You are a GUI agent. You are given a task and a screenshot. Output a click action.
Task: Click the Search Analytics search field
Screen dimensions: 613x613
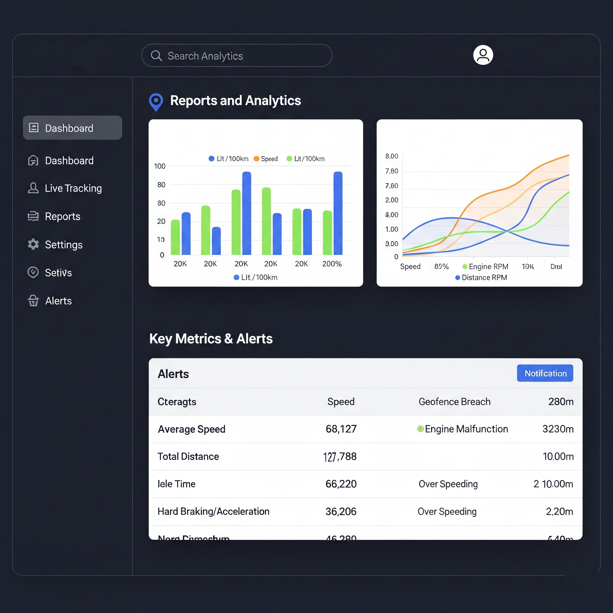click(x=236, y=56)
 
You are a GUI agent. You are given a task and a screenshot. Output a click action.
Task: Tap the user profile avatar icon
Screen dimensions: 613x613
click(x=483, y=55)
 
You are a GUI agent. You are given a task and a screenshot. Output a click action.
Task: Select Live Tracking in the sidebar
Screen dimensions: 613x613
click(x=73, y=188)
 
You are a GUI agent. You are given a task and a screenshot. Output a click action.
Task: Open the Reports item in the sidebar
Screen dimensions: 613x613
click(x=62, y=216)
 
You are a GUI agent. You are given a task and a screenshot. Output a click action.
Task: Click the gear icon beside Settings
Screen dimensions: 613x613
click(x=33, y=244)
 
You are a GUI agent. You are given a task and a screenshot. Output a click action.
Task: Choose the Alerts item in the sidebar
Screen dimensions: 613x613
click(x=58, y=301)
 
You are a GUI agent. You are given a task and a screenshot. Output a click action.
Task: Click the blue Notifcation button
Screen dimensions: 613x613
click(x=545, y=373)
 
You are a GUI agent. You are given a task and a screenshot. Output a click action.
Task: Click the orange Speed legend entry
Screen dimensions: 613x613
click(x=266, y=159)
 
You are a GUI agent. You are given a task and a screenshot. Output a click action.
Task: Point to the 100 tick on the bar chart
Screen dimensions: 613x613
click(x=160, y=166)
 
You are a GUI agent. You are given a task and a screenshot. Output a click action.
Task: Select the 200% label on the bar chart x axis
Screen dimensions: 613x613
click(x=332, y=264)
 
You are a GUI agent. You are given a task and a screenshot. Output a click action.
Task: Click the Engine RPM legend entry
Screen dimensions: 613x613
click(x=485, y=266)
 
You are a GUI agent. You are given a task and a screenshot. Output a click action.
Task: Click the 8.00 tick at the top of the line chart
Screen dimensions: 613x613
click(x=392, y=156)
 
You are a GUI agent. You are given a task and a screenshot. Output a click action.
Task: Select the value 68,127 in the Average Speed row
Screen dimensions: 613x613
click(x=341, y=429)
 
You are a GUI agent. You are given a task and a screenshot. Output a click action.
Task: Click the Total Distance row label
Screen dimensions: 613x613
click(x=188, y=456)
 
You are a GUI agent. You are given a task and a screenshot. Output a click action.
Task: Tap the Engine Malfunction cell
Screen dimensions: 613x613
click(x=466, y=429)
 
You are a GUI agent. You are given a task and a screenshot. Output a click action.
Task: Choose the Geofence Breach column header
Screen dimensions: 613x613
click(x=454, y=402)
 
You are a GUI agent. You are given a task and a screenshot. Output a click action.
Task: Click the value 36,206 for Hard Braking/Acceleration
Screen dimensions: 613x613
click(x=341, y=512)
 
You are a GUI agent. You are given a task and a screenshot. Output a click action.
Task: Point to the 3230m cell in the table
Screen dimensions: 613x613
click(x=558, y=429)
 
